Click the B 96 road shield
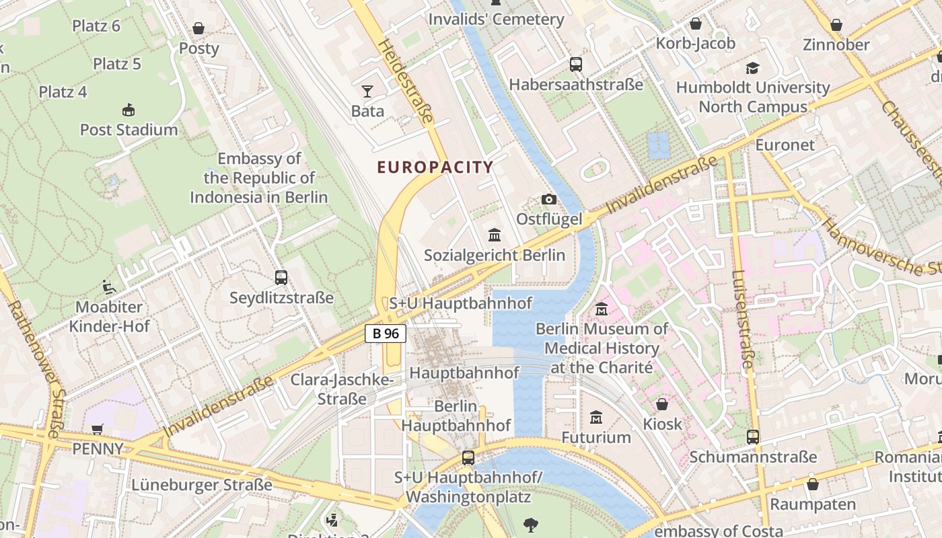click(386, 333)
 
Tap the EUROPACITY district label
click(435, 167)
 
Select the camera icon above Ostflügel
click(549, 200)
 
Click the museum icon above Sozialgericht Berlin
click(495, 235)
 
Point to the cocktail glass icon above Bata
click(367, 91)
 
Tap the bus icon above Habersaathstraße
click(576, 65)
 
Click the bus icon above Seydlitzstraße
click(281, 277)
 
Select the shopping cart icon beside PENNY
click(98, 429)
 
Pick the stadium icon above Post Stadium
click(129, 110)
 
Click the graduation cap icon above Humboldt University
click(752, 68)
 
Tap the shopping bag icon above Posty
click(198, 28)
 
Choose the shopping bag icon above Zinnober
click(836, 25)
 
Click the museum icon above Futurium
click(596, 418)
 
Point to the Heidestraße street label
click(406, 81)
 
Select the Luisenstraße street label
click(742, 319)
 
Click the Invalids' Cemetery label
click(497, 20)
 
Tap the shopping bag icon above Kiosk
click(662, 404)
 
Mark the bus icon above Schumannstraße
click(753, 437)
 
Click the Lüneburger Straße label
click(202, 485)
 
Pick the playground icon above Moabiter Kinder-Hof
click(108, 287)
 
